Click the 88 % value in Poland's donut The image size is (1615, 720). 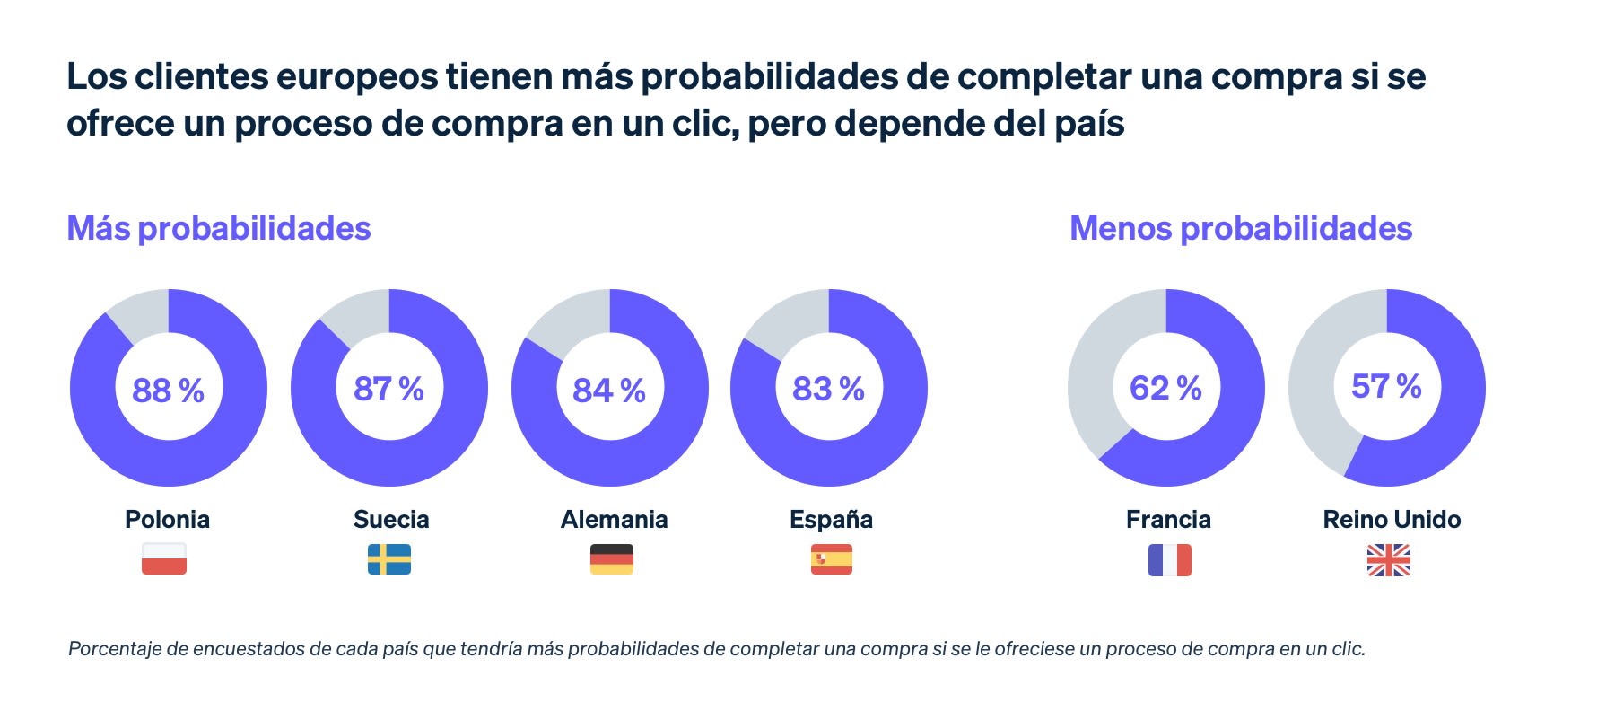point(168,391)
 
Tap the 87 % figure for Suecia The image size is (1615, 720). point(388,389)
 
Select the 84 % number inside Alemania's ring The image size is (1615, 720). point(609,391)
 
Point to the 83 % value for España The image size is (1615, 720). point(828,389)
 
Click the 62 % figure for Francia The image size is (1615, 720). point(1165,388)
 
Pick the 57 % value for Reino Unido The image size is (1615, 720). point(1386,386)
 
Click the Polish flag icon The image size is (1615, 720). point(164,558)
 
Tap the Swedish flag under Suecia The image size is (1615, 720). point(389,558)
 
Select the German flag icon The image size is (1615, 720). point(612,558)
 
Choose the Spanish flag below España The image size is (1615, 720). point(832,558)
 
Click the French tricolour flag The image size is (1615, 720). point(1170,560)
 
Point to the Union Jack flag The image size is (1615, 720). point(1389,560)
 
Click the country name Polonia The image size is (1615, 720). point(167,519)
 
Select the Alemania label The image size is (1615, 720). point(614,519)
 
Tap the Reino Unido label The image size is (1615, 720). point(1392,519)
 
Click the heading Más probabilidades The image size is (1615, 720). point(219,228)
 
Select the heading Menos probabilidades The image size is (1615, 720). point(1241,228)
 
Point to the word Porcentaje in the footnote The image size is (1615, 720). point(115,648)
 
